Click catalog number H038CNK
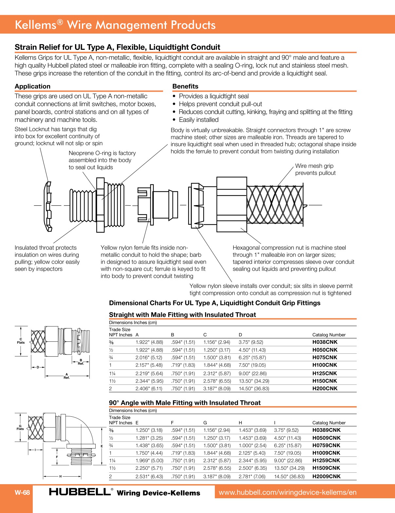(x=325, y=342)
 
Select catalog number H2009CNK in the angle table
(x=326, y=476)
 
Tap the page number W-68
(x=22, y=492)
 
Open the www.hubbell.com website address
(x=287, y=492)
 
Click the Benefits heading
(x=185, y=86)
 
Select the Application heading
(x=32, y=86)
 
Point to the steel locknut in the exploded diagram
(x=48, y=206)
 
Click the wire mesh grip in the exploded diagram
(x=275, y=205)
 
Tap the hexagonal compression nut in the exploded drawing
(x=232, y=205)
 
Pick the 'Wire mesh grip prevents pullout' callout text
(x=315, y=169)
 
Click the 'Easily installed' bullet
(x=198, y=120)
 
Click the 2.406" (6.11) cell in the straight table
(x=149, y=389)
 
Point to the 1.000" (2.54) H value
(x=252, y=446)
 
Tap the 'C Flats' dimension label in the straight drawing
(x=21, y=341)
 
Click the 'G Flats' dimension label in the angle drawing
(x=20, y=427)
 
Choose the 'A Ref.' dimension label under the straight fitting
(x=67, y=376)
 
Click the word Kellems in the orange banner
(x=35, y=25)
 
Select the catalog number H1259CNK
(x=326, y=461)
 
